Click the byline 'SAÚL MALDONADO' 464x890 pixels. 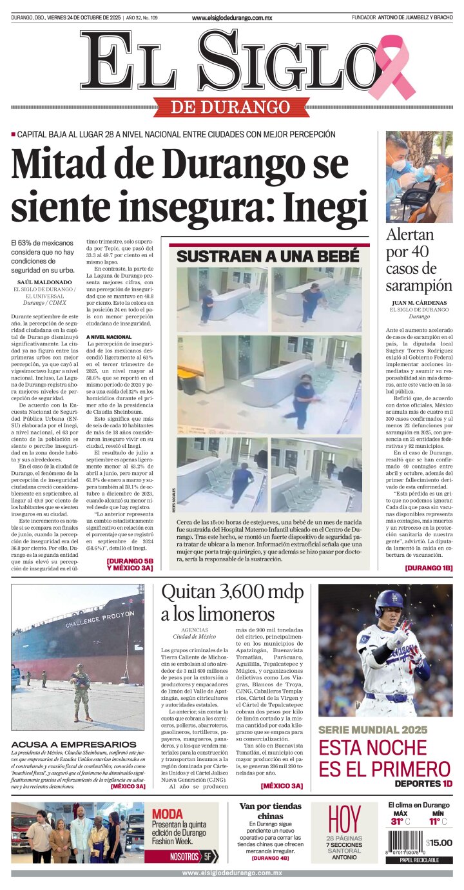coord(44,282)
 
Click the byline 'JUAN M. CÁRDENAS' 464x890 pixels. coord(419,303)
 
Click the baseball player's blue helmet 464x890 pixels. coord(389,603)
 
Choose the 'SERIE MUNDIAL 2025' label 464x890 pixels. coord(372,730)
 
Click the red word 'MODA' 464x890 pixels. coord(167,813)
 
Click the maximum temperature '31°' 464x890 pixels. coord(398,821)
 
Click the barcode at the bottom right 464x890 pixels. coord(405,843)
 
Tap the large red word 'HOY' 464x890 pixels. coord(344,819)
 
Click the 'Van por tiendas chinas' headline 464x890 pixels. coord(270,811)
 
